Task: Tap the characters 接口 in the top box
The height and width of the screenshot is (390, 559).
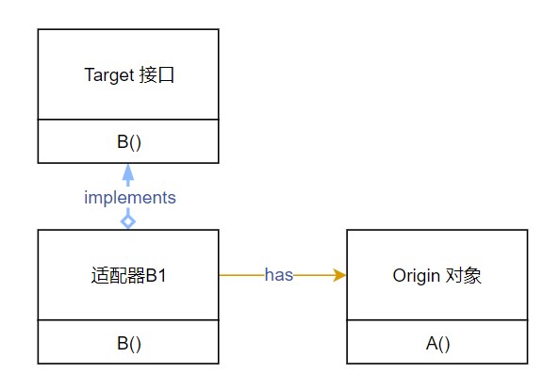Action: tap(153, 74)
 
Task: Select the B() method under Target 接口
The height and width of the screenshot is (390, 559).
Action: tap(128, 142)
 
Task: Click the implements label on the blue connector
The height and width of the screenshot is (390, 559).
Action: tap(130, 198)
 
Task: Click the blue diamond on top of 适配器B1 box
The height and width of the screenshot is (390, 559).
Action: tap(128, 220)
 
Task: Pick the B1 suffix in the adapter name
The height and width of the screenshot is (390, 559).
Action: tap(156, 276)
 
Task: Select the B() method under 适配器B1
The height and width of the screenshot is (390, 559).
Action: tap(128, 344)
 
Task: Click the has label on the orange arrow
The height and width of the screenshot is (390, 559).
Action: tap(279, 275)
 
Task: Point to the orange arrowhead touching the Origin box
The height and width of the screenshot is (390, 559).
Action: tap(339, 275)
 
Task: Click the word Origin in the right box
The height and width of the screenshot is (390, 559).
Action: tap(413, 276)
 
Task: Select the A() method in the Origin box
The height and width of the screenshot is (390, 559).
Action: tap(437, 344)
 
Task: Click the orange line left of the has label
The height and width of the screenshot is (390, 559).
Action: tap(240, 275)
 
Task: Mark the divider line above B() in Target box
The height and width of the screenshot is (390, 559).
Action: tap(128, 120)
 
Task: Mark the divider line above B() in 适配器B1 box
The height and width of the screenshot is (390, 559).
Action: tap(128, 321)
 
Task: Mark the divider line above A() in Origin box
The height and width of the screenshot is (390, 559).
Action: tap(437, 321)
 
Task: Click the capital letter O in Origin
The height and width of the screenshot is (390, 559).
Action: tap(397, 276)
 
